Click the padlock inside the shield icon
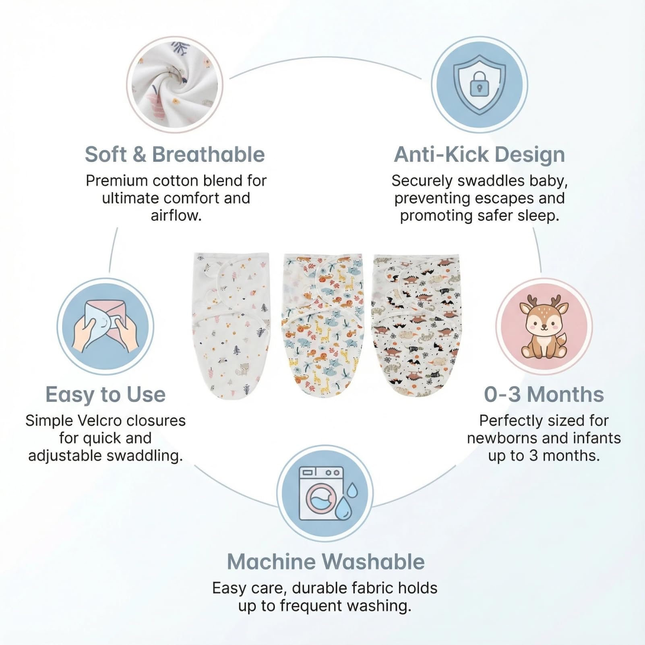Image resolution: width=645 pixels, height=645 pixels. click(479, 84)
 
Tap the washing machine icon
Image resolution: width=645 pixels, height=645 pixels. click(321, 493)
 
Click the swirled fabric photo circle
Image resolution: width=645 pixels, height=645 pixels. click(174, 85)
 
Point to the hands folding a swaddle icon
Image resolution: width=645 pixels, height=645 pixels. click(105, 327)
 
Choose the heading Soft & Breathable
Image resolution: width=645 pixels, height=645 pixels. click(175, 154)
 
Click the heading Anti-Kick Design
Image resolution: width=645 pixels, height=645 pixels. click(479, 155)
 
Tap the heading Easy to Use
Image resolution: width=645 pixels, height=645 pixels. click(105, 394)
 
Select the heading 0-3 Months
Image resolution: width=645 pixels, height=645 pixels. click(544, 394)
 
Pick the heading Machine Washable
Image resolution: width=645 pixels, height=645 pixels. click(326, 562)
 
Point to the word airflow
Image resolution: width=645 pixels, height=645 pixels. click(176, 215)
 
